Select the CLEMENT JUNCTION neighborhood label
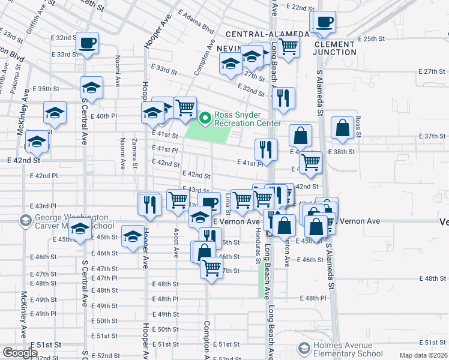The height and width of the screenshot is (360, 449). (x=334, y=48)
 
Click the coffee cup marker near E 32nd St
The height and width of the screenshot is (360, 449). (x=87, y=43)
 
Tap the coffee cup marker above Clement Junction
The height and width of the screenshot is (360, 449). (x=323, y=22)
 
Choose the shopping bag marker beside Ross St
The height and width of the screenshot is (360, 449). (x=342, y=128)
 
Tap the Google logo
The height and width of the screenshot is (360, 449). (x=20, y=353)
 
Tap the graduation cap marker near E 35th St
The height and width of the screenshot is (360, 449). (x=91, y=88)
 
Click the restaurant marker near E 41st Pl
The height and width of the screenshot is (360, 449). (x=265, y=149)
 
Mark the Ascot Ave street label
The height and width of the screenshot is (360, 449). (x=176, y=244)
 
